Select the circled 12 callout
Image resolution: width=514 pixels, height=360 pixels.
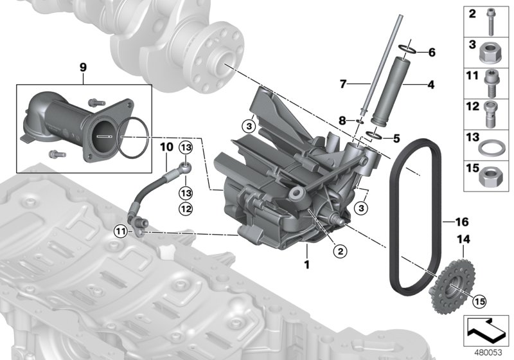[186, 208]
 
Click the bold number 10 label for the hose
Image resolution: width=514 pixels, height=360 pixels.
[166, 147]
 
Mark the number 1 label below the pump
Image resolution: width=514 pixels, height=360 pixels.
[307, 264]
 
